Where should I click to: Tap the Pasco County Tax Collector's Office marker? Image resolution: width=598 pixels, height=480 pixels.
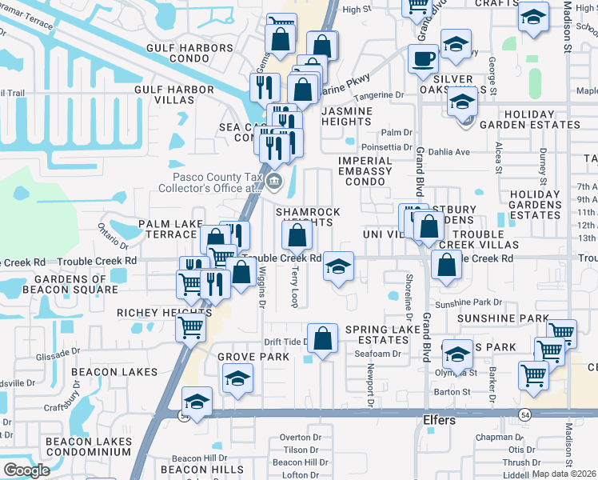coord(275,181)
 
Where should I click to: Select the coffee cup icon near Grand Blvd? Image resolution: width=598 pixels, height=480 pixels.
coord(423,58)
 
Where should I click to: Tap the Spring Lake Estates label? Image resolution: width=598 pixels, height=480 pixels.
coord(377,334)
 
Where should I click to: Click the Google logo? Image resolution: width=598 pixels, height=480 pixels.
coord(26,470)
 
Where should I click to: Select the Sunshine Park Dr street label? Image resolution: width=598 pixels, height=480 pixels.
coord(468,304)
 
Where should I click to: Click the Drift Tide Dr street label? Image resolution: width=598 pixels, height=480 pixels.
coord(286,342)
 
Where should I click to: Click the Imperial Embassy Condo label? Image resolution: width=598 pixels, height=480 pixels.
coord(365,171)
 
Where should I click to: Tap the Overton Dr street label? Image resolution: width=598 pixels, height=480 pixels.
coord(300,438)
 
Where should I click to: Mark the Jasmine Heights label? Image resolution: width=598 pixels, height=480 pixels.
coord(347,116)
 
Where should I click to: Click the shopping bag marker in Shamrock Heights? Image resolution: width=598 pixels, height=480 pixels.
coord(297,235)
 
